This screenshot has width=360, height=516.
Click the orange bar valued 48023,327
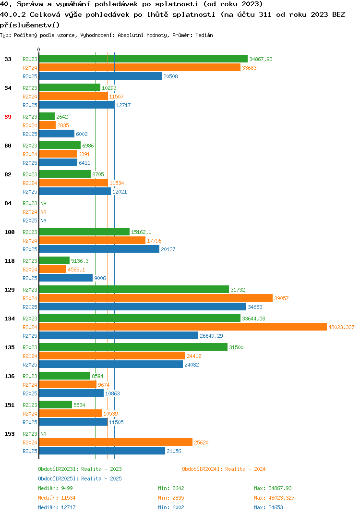tap(183, 327)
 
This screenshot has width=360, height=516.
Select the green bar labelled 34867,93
tap(144, 59)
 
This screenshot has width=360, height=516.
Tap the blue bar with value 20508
tap(101, 76)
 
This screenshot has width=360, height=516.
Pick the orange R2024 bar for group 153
tap(116, 442)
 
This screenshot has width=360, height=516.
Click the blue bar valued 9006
tap(66, 278)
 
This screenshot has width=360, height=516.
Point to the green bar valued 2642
tap(47, 116)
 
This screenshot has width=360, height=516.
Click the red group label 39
tap(8, 117)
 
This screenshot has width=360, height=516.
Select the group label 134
tap(10, 319)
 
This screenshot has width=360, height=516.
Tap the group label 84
tap(8, 203)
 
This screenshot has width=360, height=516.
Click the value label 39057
tap(281, 298)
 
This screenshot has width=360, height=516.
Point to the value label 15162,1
tap(142, 233)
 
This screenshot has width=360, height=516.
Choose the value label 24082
tap(192, 365)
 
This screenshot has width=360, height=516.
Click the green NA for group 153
tap(43, 434)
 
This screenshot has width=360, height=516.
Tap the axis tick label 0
tap(38, 49)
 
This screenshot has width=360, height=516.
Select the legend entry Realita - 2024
tap(245, 469)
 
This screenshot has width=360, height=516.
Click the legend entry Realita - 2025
tap(102, 479)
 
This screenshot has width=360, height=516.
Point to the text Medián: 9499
tap(55, 488)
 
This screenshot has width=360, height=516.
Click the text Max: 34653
tap(269, 507)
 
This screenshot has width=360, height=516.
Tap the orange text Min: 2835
tap(171, 498)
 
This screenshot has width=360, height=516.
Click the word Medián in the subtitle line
tap(204, 35)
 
